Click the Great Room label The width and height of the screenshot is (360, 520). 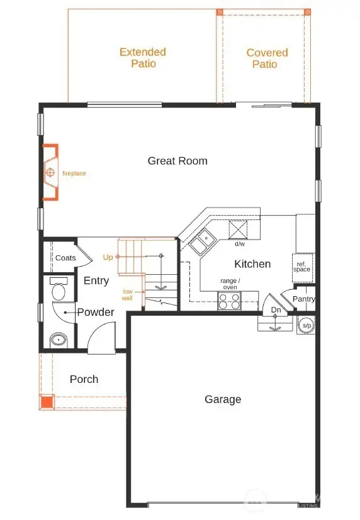[x=177, y=161]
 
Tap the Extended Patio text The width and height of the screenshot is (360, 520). [x=143, y=58]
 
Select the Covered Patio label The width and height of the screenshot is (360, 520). [x=267, y=58]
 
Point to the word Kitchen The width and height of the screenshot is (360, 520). [x=252, y=264]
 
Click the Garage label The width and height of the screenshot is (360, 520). [x=223, y=399]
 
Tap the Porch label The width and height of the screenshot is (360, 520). [x=84, y=379]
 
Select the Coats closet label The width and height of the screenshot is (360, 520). [x=65, y=258]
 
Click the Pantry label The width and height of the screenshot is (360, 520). [x=303, y=299]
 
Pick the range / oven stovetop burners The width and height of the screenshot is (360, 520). [x=230, y=302]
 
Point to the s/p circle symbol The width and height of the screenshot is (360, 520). [x=306, y=325]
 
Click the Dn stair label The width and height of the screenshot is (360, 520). [x=276, y=310]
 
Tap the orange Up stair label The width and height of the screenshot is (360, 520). [x=108, y=258]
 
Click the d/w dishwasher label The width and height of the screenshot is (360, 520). [x=240, y=244]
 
